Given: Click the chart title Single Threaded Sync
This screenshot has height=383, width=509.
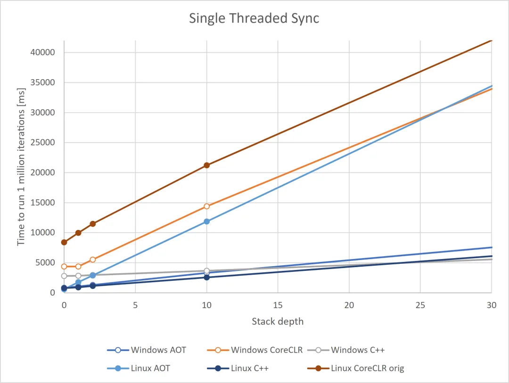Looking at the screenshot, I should pos(254,18).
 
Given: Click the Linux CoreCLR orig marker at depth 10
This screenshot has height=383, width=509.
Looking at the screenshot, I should pos(206,165).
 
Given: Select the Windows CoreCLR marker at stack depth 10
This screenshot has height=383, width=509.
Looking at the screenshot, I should pos(206,206).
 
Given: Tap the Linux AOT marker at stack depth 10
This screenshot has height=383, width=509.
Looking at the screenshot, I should pos(206,221).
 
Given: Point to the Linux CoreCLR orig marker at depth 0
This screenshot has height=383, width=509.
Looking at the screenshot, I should pos(64,242).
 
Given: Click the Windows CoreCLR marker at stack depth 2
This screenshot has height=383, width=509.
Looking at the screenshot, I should pos(93,260).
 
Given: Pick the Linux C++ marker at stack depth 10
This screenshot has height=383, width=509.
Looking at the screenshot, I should pos(206,277).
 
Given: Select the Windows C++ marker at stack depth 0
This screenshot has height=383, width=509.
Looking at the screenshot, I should pos(64,276).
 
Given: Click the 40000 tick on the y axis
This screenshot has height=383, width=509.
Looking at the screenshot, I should pos(42,52).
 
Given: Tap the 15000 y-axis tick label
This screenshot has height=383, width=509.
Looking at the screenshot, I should pos(42,203).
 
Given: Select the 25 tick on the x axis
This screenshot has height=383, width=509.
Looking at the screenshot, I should pos(420,305).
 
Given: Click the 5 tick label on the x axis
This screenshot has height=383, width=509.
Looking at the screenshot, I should pos(135,305).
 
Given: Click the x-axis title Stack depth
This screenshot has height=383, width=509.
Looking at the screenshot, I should pos(278,322).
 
